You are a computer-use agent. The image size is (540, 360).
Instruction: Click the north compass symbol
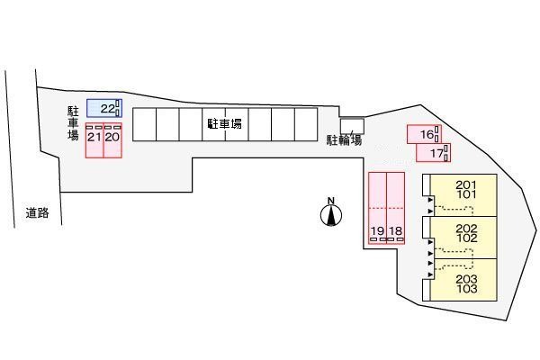click(x=331, y=215)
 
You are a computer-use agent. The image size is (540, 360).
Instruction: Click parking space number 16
click(x=424, y=134)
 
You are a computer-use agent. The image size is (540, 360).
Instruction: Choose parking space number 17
click(x=435, y=153)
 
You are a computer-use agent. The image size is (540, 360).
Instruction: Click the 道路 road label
click(x=37, y=213)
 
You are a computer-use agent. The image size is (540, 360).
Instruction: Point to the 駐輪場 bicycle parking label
click(x=345, y=139)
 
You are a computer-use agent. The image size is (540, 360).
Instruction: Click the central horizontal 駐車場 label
click(x=224, y=123)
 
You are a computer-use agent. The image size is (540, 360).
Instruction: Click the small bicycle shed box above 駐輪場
click(x=352, y=126)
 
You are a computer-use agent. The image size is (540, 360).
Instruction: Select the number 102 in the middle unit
click(x=466, y=239)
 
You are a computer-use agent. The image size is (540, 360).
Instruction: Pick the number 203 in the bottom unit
click(x=466, y=280)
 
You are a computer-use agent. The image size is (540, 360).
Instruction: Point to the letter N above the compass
click(x=331, y=201)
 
